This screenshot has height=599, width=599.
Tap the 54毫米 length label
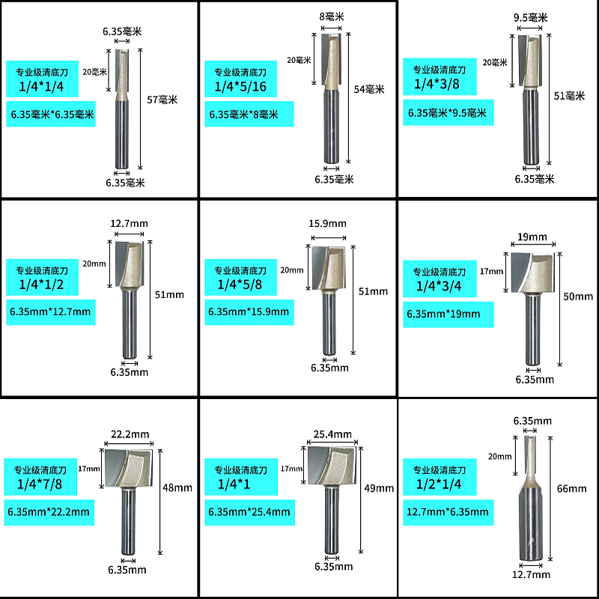[368, 88]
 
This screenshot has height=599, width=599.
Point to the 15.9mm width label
[328, 223]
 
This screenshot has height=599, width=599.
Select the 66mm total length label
[572, 489]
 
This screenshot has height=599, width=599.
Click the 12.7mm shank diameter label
[532, 574]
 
